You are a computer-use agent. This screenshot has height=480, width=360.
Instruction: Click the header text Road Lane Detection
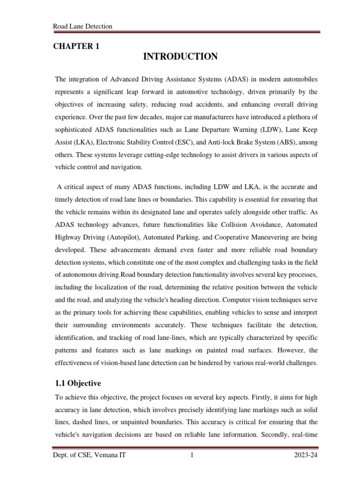point(83,26)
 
